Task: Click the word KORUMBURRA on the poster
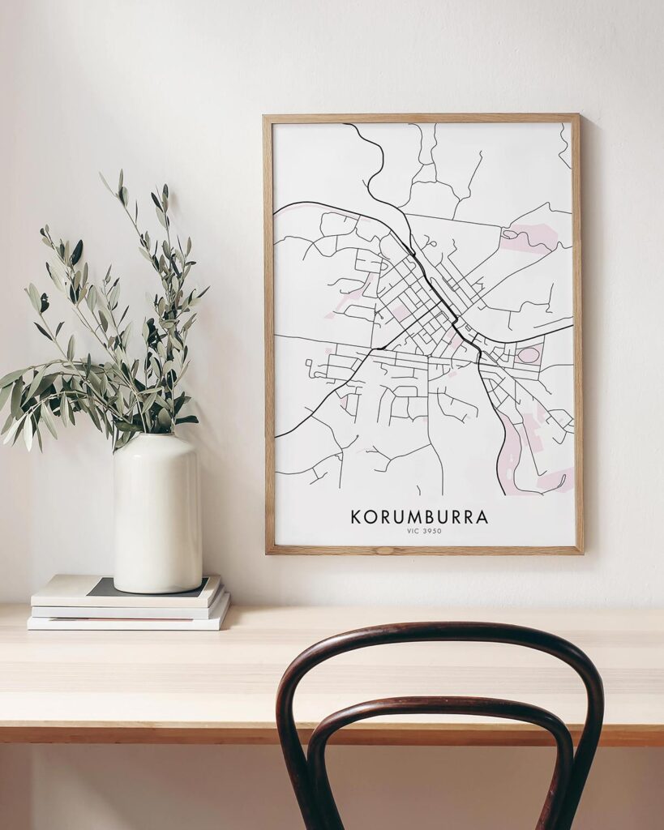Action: coord(419,516)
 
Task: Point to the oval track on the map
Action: coord(528,354)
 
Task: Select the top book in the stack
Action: coord(126,590)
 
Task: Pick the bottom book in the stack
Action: coord(128,622)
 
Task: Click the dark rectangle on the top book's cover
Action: coord(101,587)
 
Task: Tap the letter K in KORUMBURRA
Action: coord(356,516)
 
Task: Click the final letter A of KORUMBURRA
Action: coord(482,516)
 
